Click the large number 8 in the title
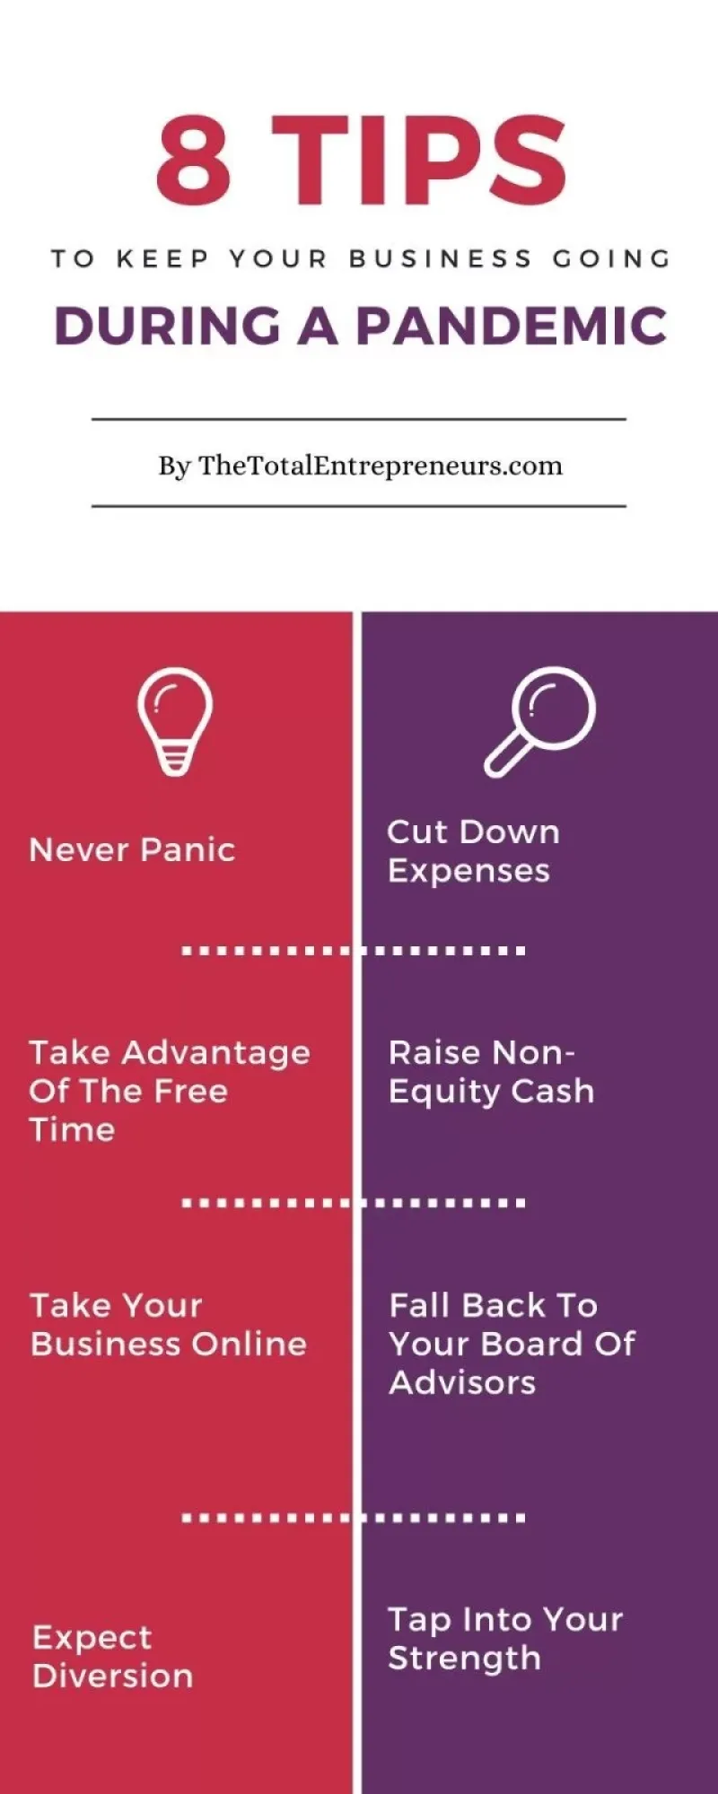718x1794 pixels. tap(194, 160)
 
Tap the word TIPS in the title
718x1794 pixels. tap(419, 160)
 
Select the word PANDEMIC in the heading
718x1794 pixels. tap(512, 326)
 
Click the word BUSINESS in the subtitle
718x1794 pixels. tap(441, 258)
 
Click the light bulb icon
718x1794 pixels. tap(175, 720)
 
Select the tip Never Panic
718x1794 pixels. tap(132, 849)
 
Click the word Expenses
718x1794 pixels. tap(468, 871)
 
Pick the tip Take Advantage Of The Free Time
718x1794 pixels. tap(170, 1091)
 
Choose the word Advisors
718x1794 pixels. tap(462, 1382)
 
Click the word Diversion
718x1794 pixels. tap(113, 1676)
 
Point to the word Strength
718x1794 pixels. tap(464, 1658)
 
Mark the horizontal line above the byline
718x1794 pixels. tap(359, 419)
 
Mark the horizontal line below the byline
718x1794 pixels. tap(359, 506)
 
